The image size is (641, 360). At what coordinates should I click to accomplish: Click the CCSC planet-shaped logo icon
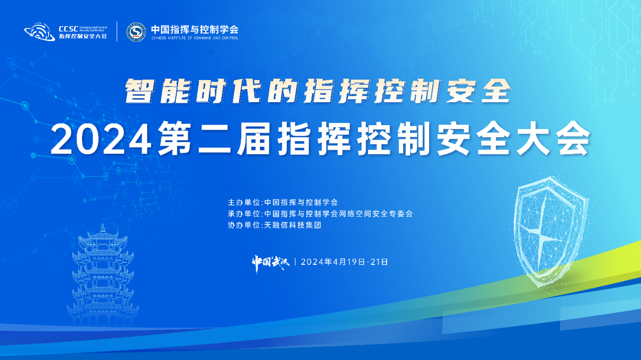40,32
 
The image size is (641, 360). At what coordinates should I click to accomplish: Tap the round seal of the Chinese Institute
136,32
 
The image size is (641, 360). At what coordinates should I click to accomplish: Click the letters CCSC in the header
68,29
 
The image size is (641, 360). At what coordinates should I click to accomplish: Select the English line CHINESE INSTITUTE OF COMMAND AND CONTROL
195,38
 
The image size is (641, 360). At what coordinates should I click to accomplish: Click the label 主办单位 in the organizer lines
244,202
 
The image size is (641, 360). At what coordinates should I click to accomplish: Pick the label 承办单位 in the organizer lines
244,214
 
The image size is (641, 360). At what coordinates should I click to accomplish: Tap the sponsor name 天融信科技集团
293,225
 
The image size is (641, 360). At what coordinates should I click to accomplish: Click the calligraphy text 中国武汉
270,262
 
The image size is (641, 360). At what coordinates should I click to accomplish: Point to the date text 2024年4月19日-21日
345,262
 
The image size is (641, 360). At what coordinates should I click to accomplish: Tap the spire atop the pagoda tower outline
103,228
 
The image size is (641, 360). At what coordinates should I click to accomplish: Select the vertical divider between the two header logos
117,32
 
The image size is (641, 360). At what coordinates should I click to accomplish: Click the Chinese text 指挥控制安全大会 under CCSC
83,36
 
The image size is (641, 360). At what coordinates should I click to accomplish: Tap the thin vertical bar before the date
295,262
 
